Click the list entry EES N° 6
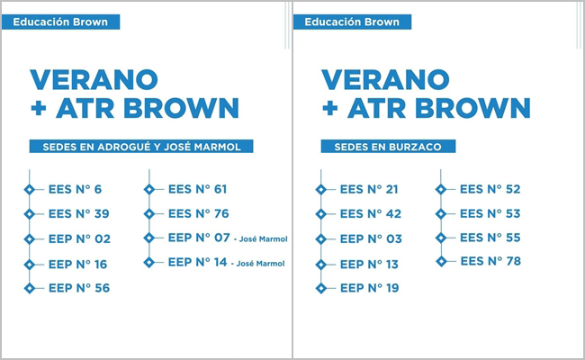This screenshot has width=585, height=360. [x=75, y=190]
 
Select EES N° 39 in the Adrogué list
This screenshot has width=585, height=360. [x=78, y=214]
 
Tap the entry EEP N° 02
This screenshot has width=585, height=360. [x=79, y=238]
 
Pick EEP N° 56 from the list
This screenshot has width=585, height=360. [x=79, y=288]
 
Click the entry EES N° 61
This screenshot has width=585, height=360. [x=197, y=189]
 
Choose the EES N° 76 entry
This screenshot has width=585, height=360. [x=199, y=214]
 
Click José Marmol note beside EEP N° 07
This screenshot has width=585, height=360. [x=261, y=239]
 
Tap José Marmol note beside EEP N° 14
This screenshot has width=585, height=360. [x=257, y=264]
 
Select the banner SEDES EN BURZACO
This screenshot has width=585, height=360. [x=388, y=146]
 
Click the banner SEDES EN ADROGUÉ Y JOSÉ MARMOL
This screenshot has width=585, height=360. [x=141, y=146]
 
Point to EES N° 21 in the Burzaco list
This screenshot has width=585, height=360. [x=369, y=190]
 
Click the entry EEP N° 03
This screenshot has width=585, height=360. [x=371, y=238]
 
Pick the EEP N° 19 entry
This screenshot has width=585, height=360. [x=369, y=288]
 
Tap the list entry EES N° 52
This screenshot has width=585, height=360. [x=490, y=189]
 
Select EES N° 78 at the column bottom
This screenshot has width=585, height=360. [x=490, y=261]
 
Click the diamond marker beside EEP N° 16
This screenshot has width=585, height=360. [x=30, y=265]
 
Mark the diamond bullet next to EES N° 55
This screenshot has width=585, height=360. [x=441, y=238]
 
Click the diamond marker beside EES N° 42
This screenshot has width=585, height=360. [x=321, y=214]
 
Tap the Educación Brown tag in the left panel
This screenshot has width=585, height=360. [x=60, y=22]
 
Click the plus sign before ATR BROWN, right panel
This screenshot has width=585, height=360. [x=329, y=109]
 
